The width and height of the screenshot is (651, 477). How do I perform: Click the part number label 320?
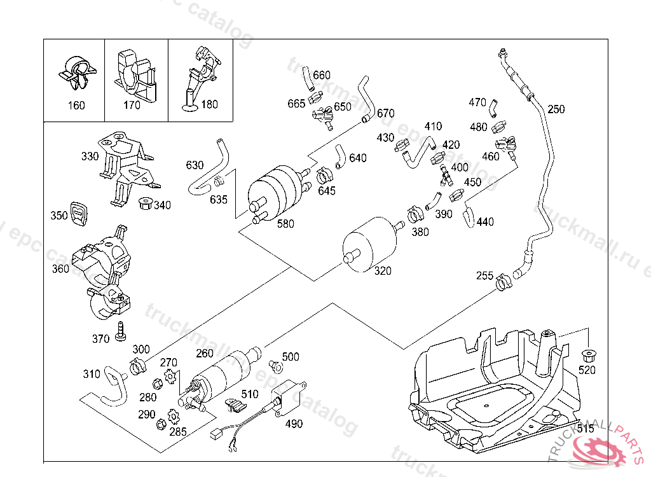(383, 271)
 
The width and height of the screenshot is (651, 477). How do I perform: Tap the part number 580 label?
(286, 224)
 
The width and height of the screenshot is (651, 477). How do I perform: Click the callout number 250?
(556, 109)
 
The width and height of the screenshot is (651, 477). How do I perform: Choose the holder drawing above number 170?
(134, 75)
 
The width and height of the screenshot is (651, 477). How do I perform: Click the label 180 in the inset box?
(209, 105)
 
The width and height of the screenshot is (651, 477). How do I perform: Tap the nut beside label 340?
(144, 204)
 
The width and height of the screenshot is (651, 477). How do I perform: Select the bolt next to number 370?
(121, 332)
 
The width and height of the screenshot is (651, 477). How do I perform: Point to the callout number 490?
(294, 424)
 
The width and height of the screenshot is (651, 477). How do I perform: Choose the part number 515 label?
(586, 429)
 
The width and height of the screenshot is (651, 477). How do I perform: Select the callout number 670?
(386, 114)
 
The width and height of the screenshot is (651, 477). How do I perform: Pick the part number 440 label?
(485, 222)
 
